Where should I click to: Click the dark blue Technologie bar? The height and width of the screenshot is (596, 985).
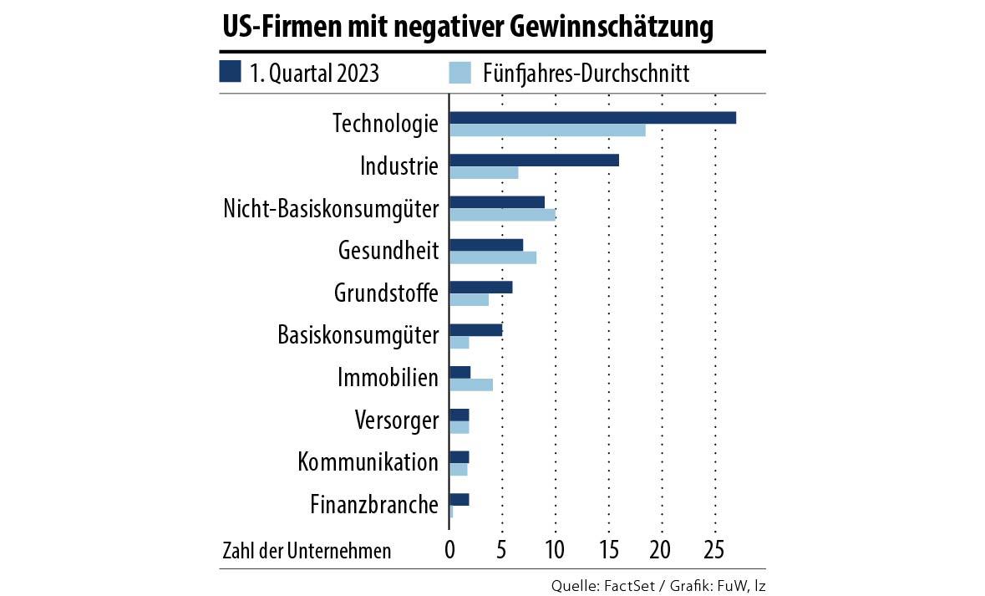(592, 117)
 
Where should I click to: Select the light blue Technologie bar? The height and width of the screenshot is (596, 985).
(547, 130)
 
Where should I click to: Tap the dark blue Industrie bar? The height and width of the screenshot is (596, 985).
(534, 160)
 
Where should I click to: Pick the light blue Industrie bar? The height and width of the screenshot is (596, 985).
(484, 173)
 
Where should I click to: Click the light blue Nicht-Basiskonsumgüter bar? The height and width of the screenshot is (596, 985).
(502, 215)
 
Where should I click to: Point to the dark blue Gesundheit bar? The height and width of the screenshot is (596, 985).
(486, 244)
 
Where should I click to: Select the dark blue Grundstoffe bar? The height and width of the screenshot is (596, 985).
(480, 287)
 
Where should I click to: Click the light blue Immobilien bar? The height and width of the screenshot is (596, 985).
(471, 385)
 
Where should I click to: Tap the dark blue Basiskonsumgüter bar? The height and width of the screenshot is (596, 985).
(475, 329)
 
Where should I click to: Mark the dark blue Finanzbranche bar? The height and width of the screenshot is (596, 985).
(459, 499)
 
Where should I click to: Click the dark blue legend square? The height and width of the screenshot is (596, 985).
(230, 72)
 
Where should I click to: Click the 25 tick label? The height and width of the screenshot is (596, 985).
(714, 551)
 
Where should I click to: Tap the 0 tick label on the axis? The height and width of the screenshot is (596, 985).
(449, 551)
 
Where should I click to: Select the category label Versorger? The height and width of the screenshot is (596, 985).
(397, 420)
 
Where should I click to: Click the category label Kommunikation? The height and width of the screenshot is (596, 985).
(368, 461)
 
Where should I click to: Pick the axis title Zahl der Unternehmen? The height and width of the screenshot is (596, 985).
(307, 551)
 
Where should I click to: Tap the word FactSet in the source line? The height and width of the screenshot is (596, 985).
(627, 585)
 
